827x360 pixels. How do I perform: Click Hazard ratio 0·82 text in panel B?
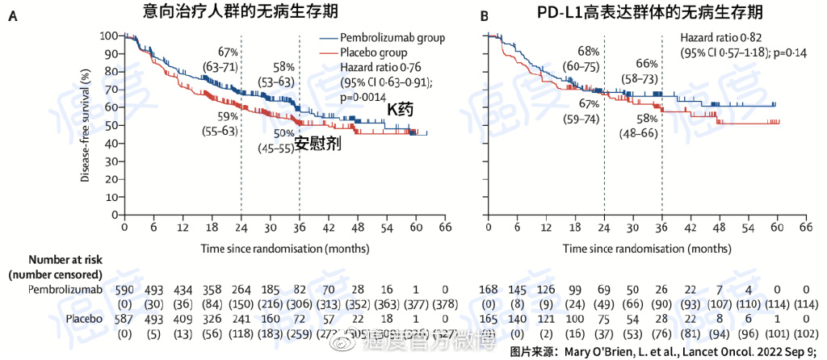coord(721,38)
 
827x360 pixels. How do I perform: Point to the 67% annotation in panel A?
coord(227,53)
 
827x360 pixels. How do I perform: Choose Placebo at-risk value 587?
coord(124,319)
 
